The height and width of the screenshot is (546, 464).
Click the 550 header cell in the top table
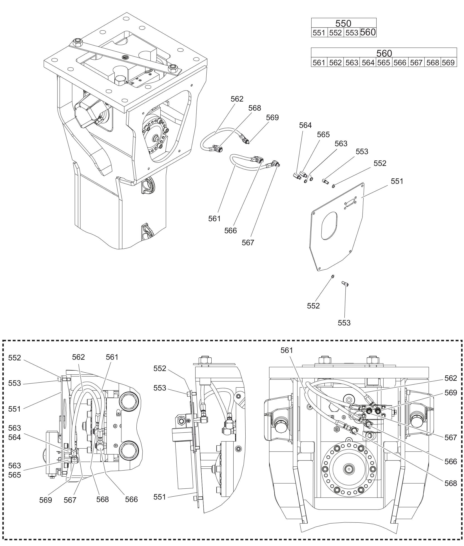[x=343, y=23]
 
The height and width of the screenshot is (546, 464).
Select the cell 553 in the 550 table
[x=352, y=33]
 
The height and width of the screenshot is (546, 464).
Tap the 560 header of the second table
[x=384, y=53]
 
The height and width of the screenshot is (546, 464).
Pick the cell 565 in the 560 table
[x=384, y=63]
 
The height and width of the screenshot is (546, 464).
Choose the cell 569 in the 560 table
[x=449, y=63]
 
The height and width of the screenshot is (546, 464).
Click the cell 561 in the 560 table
[x=319, y=63]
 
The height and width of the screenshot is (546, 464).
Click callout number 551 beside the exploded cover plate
[x=397, y=181]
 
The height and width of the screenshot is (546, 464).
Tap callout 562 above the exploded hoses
[x=237, y=99]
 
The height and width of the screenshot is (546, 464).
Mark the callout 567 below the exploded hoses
[x=248, y=243]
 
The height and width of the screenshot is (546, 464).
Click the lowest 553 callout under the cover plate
[x=344, y=323]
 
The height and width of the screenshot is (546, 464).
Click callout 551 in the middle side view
[x=160, y=497]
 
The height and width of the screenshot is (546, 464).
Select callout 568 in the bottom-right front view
[x=451, y=483]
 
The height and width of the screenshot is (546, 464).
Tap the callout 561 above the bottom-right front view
[x=287, y=350]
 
